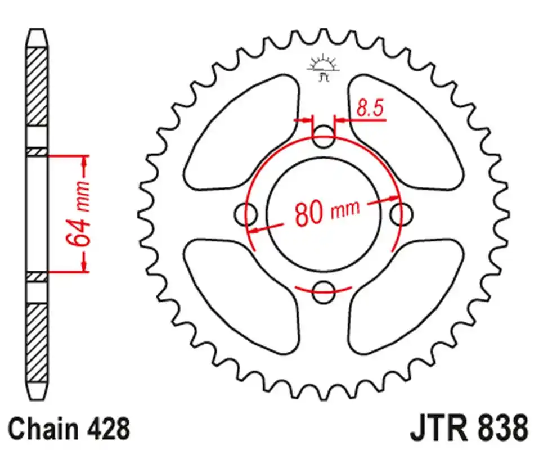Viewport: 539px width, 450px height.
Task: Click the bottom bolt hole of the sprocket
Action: (x=323, y=289)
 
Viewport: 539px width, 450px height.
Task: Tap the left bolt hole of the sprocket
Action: (x=245, y=213)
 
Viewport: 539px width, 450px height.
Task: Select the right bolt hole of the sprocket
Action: (x=401, y=213)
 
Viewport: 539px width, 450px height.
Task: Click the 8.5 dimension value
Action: (x=370, y=109)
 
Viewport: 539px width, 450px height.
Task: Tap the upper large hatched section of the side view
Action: (x=37, y=87)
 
